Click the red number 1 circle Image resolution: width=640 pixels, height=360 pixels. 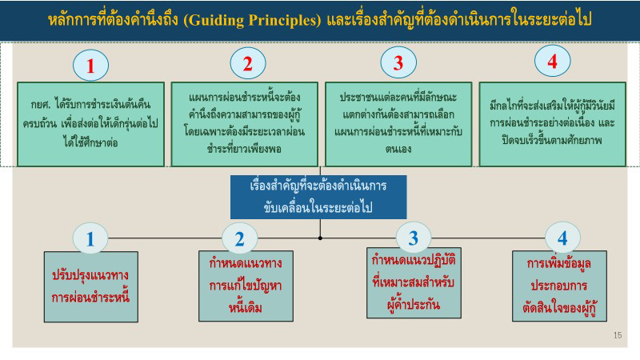pos(91,67)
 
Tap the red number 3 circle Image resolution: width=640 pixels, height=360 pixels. pos(398,62)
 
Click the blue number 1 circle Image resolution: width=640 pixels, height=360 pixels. pos(91,238)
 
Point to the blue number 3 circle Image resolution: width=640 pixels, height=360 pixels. pos(414,237)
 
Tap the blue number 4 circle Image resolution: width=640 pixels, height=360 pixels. pos(562,237)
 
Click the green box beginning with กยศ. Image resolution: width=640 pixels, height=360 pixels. pos(88,123)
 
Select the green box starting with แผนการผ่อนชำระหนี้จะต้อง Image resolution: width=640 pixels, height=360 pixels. pos(242,124)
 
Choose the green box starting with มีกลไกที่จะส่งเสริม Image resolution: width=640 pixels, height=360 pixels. pos(551,123)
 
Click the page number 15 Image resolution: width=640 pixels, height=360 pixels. pos(616,334)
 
